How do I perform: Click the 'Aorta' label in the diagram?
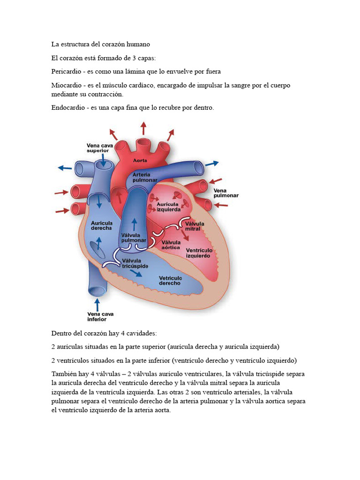140,160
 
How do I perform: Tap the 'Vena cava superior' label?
100,148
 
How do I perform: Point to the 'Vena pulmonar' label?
226,193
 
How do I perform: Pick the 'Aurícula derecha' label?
101,225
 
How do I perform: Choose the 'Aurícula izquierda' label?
168,207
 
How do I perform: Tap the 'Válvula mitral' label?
195,226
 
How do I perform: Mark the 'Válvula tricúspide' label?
135,263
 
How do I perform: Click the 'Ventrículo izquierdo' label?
198,253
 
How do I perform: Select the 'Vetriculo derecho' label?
170,280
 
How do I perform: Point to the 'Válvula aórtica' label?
171,245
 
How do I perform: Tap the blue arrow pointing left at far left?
64,167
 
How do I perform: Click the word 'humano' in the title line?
137,45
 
